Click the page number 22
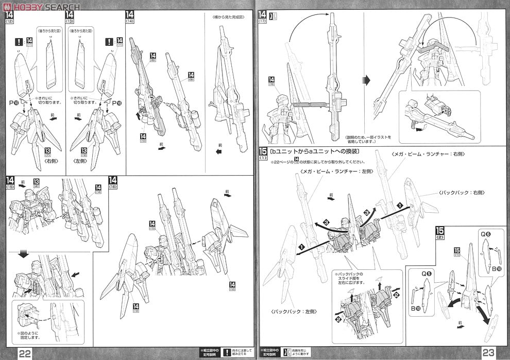click(x=25, y=352)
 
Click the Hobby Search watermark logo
click(x=41, y=7)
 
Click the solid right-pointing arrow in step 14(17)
click(x=367, y=80)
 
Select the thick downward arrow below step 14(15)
click(x=23, y=254)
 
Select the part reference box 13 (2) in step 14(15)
click(x=37, y=183)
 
